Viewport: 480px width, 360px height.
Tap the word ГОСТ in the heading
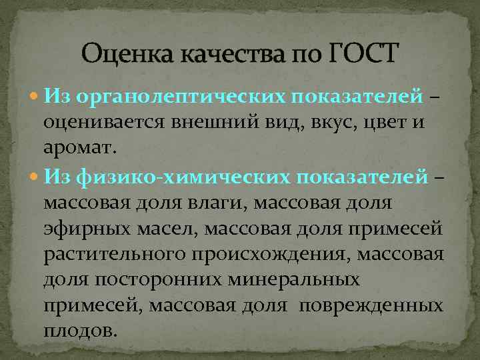click(x=362, y=52)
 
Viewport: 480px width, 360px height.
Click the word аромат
click(x=80, y=149)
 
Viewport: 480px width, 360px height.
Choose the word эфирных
click(x=83, y=229)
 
